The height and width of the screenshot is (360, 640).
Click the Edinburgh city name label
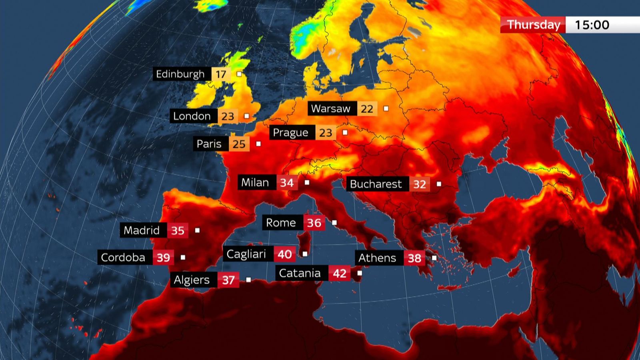coord(180,74)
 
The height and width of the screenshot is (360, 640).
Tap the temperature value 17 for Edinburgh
coord(221,74)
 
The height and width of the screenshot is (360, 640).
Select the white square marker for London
coord(247,116)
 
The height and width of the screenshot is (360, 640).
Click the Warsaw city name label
coord(330,108)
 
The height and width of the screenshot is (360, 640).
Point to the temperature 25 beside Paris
coord(239,144)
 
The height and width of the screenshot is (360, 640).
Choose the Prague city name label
coord(290,132)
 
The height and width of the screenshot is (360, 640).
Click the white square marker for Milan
coord(307,182)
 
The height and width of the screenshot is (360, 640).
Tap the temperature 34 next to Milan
coord(286,183)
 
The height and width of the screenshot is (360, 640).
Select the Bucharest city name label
coord(376,184)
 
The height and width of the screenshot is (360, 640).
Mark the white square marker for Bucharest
coord(439,184)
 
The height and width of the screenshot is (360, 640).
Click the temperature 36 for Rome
coord(314,223)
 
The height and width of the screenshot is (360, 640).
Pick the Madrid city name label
coord(142,230)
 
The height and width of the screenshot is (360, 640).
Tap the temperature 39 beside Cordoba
coord(163,258)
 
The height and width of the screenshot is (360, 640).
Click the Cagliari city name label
coord(246,254)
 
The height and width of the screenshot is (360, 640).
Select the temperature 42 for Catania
coord(339,274)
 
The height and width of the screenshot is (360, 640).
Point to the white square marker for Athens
coord(434,258)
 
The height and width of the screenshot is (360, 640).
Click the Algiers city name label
coord(192,280)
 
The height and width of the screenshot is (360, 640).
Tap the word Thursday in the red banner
coord(534,25)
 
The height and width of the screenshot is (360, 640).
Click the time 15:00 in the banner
coord(592,25)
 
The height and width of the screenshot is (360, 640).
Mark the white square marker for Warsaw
coord(386,108)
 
